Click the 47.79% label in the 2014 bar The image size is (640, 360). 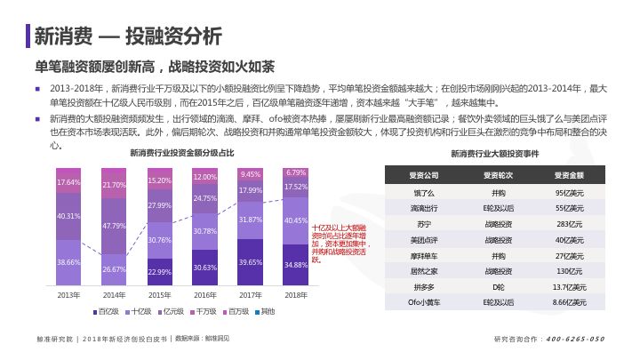pyautogui.click(x=114, y=226)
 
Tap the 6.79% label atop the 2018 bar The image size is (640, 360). pyautogui.click(x=296, y=173)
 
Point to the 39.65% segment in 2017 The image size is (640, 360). pyautogui.click(x=251, y=262)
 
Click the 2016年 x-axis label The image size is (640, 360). pyautogui.click(x=205, y=294)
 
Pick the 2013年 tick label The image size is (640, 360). pyautogui.click(x=68, y=294)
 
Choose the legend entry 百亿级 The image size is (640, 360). pyautogui.click(x=109, y=311)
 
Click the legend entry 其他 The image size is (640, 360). pyautogui.click(x=265, y=311)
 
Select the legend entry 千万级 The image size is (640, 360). pyautogui.click(x=206, y=311)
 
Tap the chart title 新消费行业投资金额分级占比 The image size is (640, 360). pyautogui.click(x=182, y=154)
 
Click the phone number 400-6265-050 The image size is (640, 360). pyautogui.click(x=575, y=340)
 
